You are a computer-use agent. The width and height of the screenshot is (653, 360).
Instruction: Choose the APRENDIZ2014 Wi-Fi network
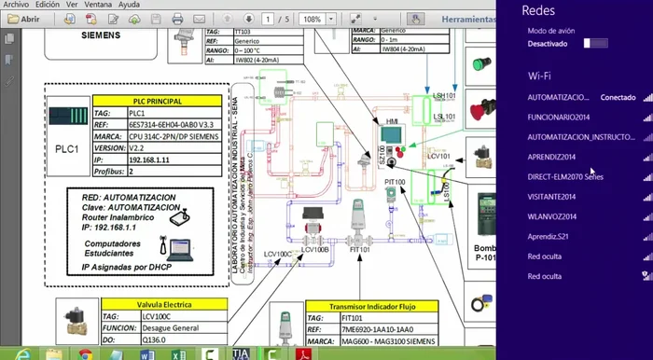551,157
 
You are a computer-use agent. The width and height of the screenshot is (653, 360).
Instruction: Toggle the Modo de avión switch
595,43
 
